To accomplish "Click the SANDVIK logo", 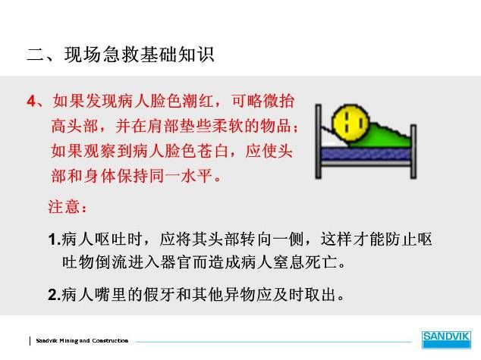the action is pos(446,340).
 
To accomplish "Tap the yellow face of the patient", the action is pos(351,123).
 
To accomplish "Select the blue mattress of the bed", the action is pos(366,154).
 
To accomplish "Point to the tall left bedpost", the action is pos(318,141).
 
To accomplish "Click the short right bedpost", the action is pos(413,152).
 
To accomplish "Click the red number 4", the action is pos(32,101).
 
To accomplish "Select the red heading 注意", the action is pos(64,206).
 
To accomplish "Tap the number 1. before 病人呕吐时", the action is pos(55,239).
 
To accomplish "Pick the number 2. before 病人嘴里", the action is pos(55,295).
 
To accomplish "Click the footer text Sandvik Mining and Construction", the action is pos(82,341).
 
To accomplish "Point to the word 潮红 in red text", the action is pos(197,101).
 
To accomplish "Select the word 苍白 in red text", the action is pos(212,151).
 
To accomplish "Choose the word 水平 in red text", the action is pos(196,176).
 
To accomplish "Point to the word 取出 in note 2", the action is pos(321,295).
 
